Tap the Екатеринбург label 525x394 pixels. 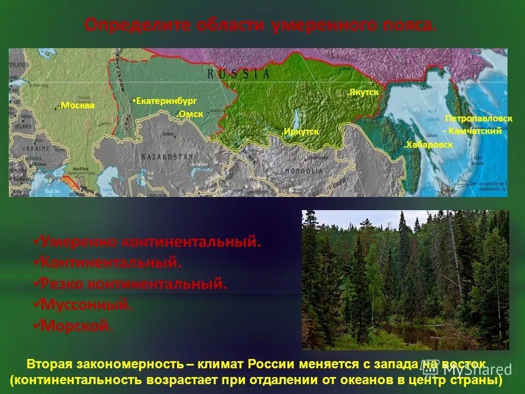166,101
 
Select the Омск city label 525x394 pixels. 190,114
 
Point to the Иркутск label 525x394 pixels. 301,132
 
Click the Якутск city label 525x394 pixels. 363,92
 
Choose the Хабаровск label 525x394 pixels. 429,145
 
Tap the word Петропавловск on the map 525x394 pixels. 479,119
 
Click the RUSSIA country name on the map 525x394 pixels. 238,73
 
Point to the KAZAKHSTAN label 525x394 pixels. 167,157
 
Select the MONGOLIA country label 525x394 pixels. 304,171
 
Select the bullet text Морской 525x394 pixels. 77,326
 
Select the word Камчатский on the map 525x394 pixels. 475,131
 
